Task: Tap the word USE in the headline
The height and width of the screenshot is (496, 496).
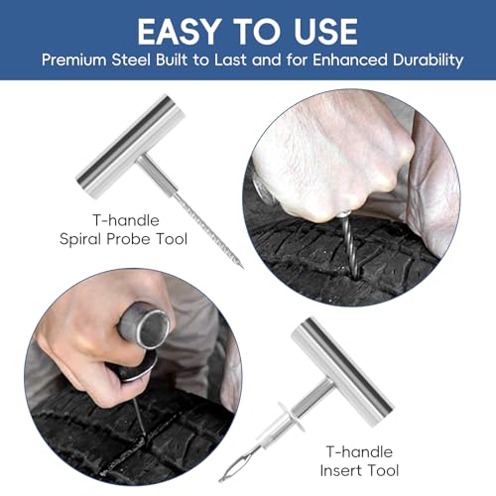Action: pyautogui.click(x=325, y=32)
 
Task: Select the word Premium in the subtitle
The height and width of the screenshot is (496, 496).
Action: pyautogui.click(x=73, y=61)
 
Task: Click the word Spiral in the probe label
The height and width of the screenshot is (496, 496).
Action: pyautogui.click(x=80, y=239)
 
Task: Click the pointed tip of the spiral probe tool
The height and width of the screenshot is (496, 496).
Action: pyautogui.click(x=242, y=267)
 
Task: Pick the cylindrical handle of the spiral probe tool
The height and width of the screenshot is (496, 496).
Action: pyautogui.click(x=130, y=147)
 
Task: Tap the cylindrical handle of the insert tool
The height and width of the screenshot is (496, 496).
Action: pyautogui.click(x=342, y=371)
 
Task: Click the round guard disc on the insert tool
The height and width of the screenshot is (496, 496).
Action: pyautogui.click(x=291, y=417)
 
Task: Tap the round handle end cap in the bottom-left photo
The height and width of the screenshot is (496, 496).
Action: pyautogui.click(x=153, y=329)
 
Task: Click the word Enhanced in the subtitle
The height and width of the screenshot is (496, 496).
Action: pyautogui.click(x=350, y=61)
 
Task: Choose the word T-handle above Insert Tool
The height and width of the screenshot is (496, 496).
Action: pyautogui.click(x=359, y=451)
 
